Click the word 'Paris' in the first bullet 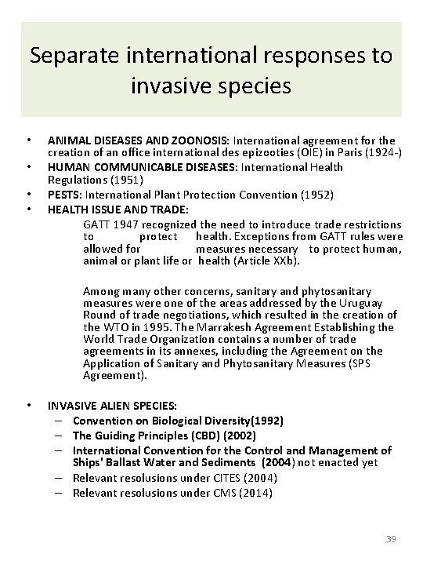[329, 154]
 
